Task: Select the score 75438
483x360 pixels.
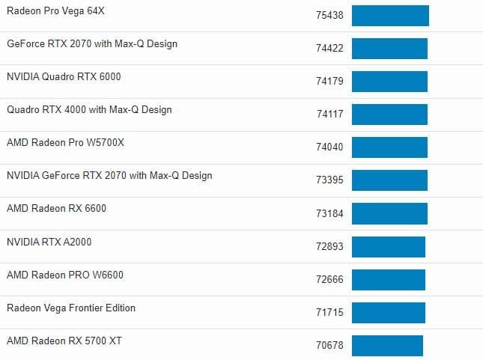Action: (329, 15)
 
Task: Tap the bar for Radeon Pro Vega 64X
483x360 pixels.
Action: (390, 16)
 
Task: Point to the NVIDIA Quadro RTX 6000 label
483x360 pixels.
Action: (64, 76)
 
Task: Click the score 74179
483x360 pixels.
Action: (329, 81)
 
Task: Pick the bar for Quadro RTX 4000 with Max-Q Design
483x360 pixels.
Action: (389, 115)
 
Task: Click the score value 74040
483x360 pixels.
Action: (329, 147)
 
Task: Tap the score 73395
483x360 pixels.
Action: (329, 180)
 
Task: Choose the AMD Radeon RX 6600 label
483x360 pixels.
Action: (56, 208)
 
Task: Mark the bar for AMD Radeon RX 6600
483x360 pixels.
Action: (389, 213)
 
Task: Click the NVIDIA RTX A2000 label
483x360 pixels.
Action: (49, 242)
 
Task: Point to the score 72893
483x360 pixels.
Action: (329, 246)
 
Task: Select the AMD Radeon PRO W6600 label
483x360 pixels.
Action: (65, 275)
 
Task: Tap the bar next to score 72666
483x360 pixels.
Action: (389, 279)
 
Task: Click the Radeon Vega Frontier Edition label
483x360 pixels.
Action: (71, 308)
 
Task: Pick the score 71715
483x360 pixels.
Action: (329, 312)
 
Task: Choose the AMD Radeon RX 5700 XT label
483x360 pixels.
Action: (64, 341)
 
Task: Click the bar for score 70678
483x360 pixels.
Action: (387, 345)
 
